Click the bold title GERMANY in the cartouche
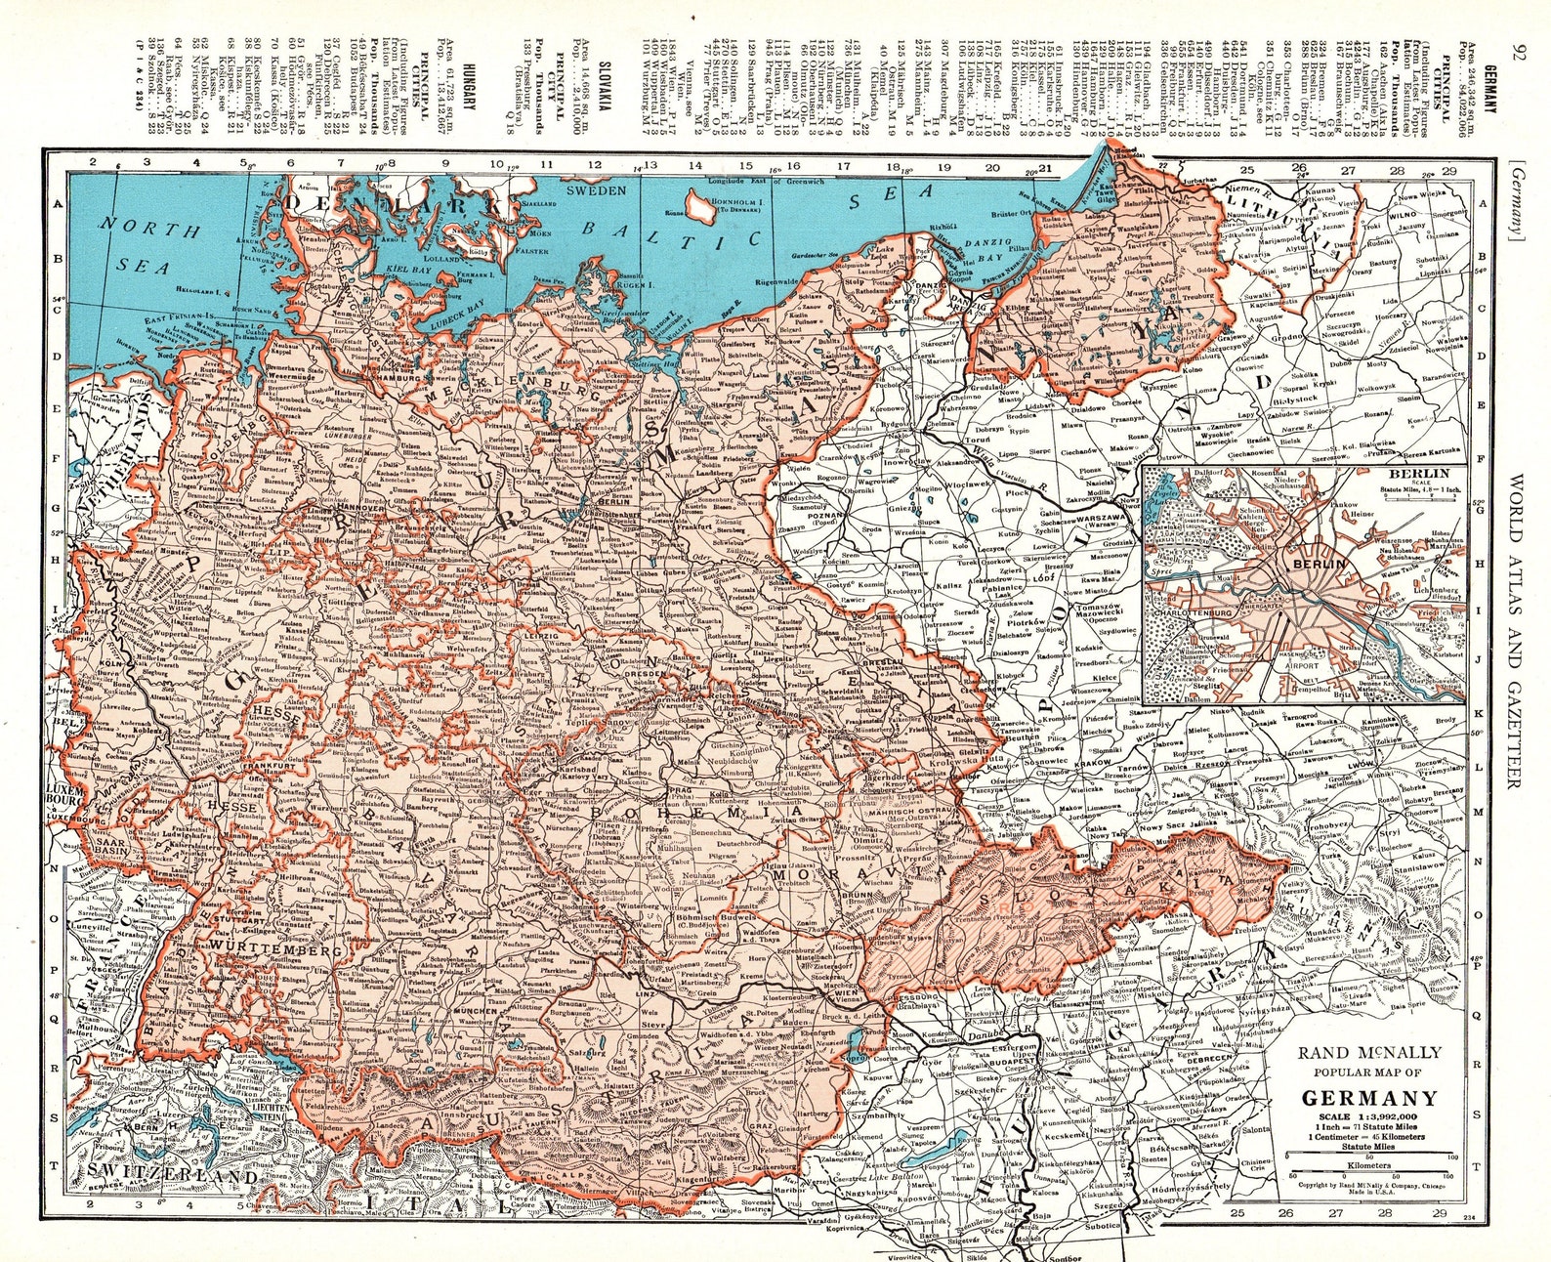(x=1369, y=1097)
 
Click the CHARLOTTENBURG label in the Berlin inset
(x=1193, y=615)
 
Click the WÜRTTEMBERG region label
(x=274, y=948)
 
